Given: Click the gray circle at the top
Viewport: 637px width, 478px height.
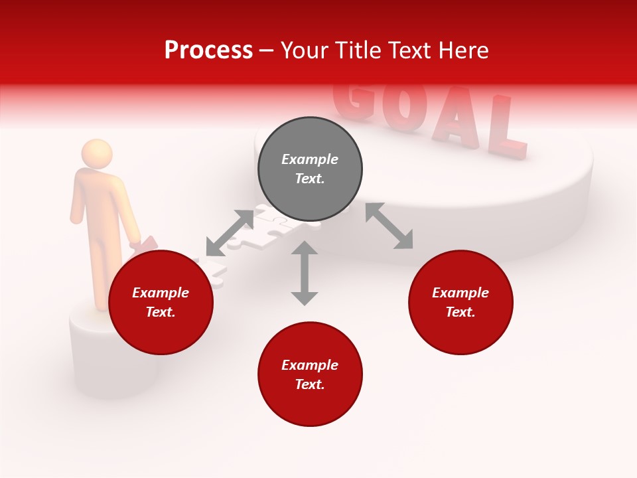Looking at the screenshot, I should tap(310, 169).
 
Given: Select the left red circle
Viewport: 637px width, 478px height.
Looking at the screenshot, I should tap(161, 302).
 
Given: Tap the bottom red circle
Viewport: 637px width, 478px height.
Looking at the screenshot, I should tap(310, 374).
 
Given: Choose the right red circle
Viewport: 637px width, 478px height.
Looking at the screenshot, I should tap(460, 302).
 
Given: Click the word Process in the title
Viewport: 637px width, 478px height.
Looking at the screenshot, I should tap(208, 50).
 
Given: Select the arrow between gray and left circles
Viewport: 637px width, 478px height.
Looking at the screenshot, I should tap(230, 232).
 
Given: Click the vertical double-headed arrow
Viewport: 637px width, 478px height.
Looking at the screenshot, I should tap(305, 273).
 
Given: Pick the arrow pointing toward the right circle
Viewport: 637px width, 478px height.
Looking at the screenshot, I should tap(389, 226).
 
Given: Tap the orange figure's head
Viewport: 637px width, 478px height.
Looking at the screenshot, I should tap(97, 153).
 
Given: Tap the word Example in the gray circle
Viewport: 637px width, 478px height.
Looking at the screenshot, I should tap(310, 159).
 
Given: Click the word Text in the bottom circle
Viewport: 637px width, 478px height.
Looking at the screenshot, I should tap(310, 384).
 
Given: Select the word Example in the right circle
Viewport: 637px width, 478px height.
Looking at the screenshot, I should tap(460, 293).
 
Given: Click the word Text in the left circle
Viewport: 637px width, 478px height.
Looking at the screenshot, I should tap(161, 312).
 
